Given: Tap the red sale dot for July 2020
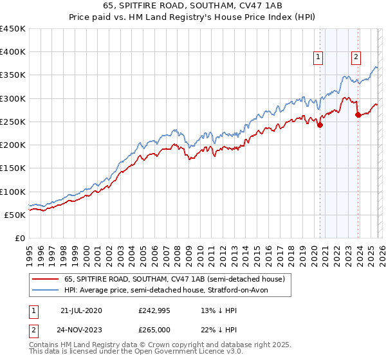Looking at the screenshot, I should [x=320, y=125].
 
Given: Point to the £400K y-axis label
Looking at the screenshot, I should [x=13, y=52].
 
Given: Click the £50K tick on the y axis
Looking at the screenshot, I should [x=15, y=215].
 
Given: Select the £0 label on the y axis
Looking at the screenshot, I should [x=19, y=238].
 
